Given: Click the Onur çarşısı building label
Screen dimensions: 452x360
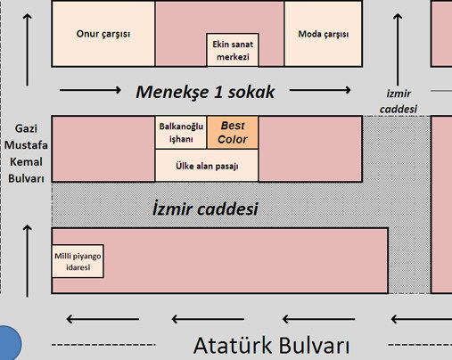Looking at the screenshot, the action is tap(103, 34).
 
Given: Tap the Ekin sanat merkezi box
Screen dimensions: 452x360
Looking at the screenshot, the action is tap(233, 50).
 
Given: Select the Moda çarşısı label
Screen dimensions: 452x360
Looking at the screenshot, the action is tap(324, 34).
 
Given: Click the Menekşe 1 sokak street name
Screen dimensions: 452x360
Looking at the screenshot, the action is tap(205, 92).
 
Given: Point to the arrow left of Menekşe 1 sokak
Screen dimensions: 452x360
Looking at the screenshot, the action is tap(90, 90).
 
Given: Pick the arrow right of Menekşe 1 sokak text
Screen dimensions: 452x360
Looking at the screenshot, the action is tap(320, 90).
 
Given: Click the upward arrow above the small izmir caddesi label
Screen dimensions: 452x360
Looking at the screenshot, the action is tap(398, 49).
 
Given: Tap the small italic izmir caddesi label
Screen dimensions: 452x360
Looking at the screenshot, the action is tap(399, 102).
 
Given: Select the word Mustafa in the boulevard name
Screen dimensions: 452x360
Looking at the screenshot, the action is tap(26, 145).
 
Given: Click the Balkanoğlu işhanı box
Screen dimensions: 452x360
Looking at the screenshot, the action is tap(181, 133).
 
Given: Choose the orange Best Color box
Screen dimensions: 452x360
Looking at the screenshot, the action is tap(233, 133).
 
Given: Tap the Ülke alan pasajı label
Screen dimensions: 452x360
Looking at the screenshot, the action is tap(207, 166).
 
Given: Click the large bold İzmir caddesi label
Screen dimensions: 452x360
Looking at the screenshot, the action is tap(205, 209).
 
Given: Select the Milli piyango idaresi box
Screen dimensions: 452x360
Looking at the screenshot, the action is tap(78, 261).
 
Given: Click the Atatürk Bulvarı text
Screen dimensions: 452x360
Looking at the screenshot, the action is tap(271, 346).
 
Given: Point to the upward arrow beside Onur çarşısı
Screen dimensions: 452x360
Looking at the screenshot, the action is tap(28, 49).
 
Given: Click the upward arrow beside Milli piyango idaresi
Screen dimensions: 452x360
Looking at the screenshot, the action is tap(28, 260).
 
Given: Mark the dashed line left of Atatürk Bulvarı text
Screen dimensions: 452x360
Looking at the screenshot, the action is tap(103, 345).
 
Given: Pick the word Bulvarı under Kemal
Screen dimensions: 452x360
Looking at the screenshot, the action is tap(26, 178).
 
